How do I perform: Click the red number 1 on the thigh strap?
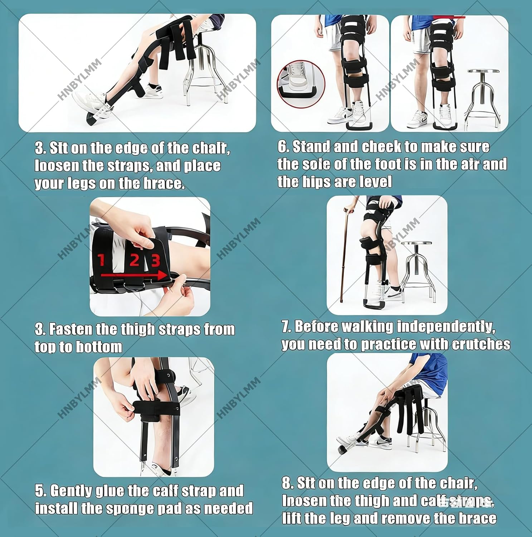point(101,259)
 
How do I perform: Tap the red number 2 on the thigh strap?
point(134,260)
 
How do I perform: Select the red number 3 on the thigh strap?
point(155,261)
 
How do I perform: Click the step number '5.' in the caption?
point(40,491)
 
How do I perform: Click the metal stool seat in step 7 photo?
point(416,245)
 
